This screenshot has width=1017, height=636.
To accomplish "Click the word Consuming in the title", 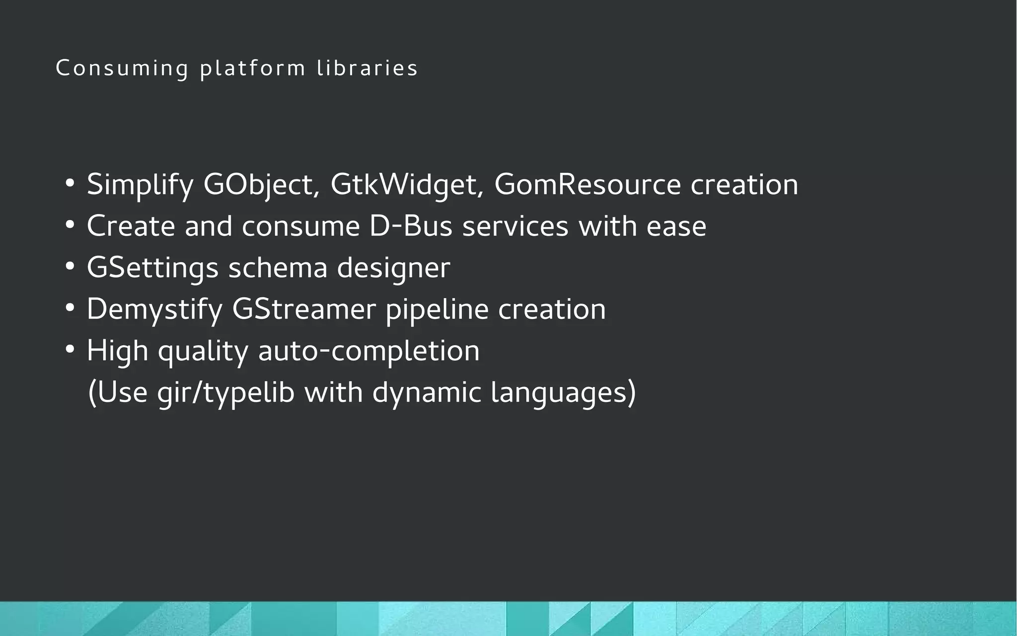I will [122, 69].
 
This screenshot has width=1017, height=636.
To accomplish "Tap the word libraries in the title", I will [367, 69].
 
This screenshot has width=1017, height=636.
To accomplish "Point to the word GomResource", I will [587, 185].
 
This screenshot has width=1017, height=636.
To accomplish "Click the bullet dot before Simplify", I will [70, 183].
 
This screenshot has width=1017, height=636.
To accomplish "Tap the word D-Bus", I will [411, 227].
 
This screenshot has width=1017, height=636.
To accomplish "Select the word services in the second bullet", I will [515, 227].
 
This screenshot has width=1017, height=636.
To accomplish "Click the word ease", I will [676, 227].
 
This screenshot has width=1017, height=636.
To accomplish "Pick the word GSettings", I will [152, 268].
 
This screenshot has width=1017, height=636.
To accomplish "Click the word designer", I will [393, 268].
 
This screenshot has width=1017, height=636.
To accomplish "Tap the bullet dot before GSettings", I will [70, 267].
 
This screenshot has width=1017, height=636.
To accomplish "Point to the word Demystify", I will [154, 310].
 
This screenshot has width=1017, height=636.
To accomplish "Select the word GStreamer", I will [304, 310].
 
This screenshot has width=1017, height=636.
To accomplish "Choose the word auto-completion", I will [369, 351].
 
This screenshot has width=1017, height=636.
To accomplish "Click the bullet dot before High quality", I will [70, 350].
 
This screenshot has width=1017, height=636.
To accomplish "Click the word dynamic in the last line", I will [427, 393].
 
